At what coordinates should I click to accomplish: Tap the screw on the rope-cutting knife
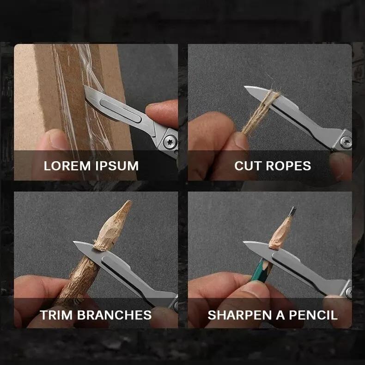(x=345, y=141)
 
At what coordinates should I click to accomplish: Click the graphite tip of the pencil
(x=292, y=211)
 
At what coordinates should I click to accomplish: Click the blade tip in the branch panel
(x=75, y=243)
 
